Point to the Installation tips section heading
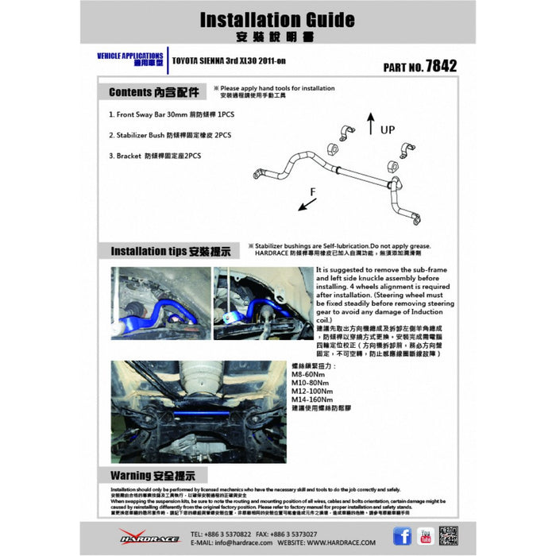click(x=170, y=252)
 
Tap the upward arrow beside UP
click(x=370, y=123)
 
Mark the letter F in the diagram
click(x=314, y=191)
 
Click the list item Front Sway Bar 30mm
click(x=171, y=114)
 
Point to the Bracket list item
click(x=155, y=156)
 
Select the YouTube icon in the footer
click(x=425, y=536)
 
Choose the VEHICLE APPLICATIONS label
click(x=130, y=58)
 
